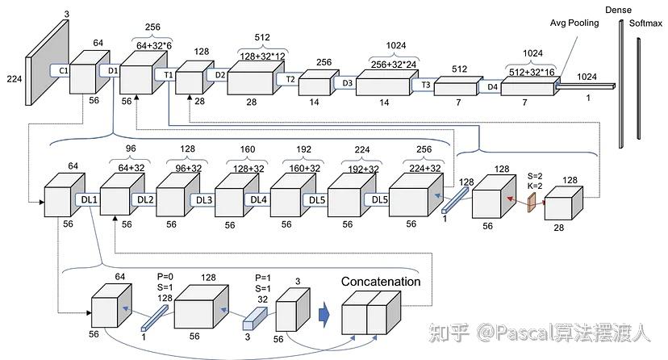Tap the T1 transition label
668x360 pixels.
point(169,74)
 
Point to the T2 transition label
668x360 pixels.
point(291,80)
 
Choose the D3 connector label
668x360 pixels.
point(347,82)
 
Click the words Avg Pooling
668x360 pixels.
point(574,23)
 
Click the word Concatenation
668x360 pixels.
point(381,282)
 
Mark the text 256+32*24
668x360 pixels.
point(383,62)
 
